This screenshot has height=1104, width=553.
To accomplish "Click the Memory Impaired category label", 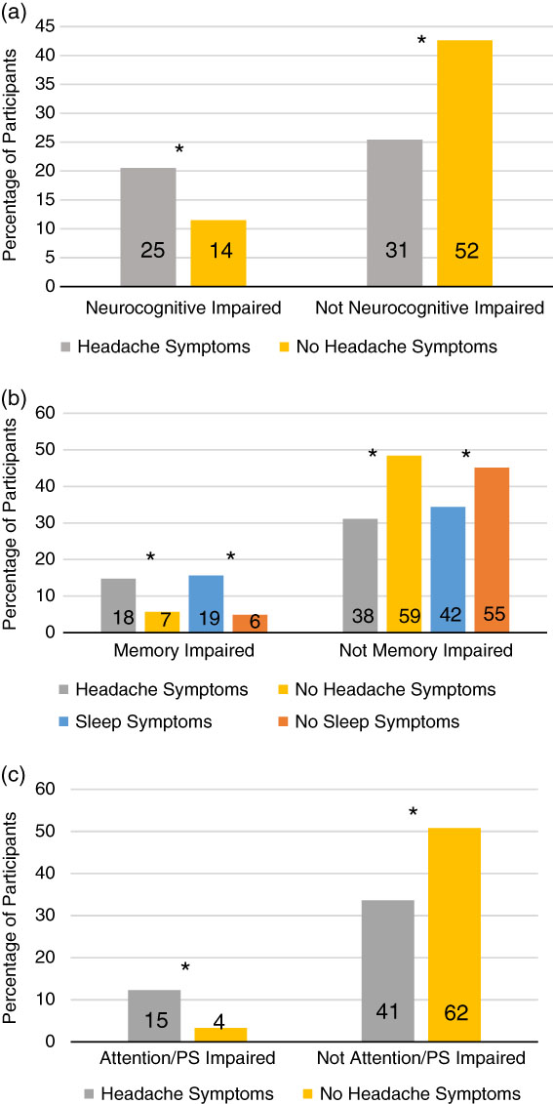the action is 183,653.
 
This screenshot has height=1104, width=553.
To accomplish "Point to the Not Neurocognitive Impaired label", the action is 430,307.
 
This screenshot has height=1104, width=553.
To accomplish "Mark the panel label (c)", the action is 14,777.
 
